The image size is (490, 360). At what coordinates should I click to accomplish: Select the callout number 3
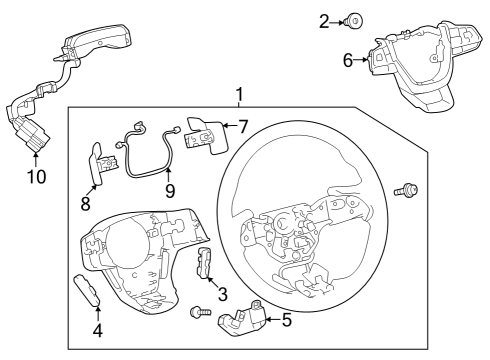click(222, 294)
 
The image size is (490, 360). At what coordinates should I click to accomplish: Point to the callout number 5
click(287, 321)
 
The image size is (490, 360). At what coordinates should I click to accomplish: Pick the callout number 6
click(348, 60)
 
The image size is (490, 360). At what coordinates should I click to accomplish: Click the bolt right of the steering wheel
click(408, 189)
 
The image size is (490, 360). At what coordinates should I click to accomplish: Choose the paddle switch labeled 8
click(99, 163)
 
